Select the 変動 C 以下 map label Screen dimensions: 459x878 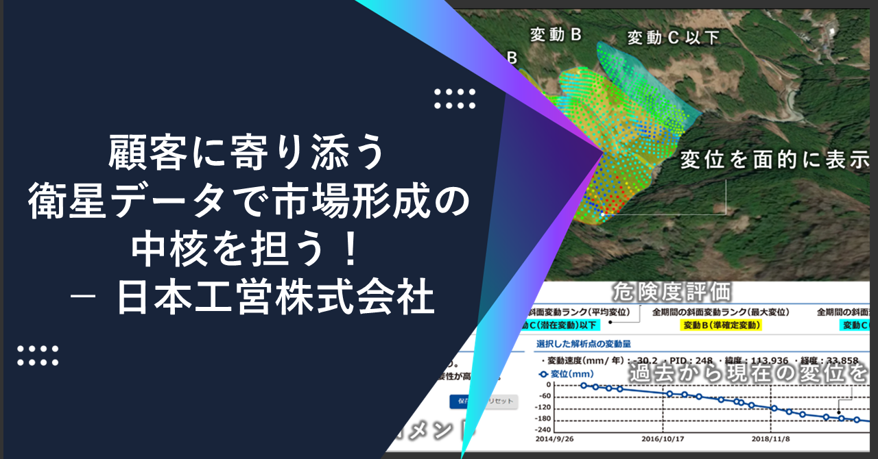pos(673,38)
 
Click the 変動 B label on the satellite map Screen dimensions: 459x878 pos(556,36)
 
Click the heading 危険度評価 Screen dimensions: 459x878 pos(672,293)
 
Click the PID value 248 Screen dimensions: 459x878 pos(704,359)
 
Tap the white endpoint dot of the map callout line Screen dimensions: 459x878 pos(602,214)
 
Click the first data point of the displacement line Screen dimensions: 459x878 pos(584,386)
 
